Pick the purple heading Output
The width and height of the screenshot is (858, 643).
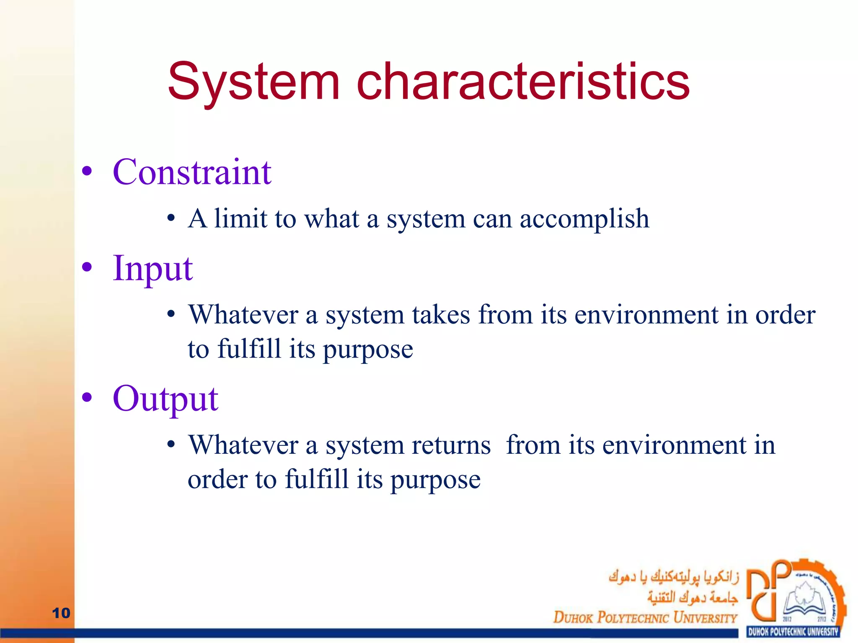pos(165,399)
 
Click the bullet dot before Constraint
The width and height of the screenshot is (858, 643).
pos(87,171)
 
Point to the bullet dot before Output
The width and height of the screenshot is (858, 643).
pos(87,397)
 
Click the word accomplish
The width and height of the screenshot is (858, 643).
pos(584,219)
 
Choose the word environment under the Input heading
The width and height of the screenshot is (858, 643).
pos(646,315)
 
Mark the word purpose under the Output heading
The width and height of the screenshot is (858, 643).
pos(435,480)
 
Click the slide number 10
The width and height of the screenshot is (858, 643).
pos(61,613)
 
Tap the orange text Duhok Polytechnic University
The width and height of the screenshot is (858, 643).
pos(645,617)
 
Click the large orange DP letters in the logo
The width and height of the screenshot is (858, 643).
pos(767,590)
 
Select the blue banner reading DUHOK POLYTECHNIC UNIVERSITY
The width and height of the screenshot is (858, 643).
pos(793,632)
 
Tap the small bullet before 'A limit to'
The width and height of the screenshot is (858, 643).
pos(171,219)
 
